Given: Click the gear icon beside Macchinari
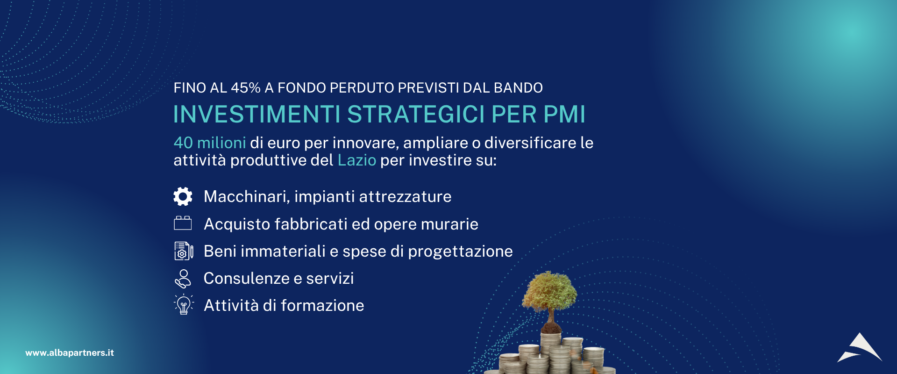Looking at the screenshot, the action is [x=183, y=196].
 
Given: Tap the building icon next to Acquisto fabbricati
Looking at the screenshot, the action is [x=183, y=223].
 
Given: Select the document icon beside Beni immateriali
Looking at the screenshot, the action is [x=184, y=251].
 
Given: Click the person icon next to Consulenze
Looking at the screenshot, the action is [x=183, y=279].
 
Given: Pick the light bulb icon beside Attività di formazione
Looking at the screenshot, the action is [x=184, y=305].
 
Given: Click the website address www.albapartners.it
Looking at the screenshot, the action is [x=70, y=353].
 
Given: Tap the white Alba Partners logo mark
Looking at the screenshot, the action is [x=860, y=348].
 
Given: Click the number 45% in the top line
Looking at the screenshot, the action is [x=246, y=88].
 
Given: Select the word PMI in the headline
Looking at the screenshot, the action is [x=564, y=115].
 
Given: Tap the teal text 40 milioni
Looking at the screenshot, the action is [x=210, y=143].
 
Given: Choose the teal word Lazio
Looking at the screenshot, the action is [x=357, y=160].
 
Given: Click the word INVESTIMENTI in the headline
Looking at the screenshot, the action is [x=257, y=115].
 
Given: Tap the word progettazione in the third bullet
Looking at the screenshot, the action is [x=461, y=252].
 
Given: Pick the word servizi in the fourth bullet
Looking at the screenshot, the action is [x=330, y=279].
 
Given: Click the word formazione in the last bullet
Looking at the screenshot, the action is [x=322, y=306].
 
